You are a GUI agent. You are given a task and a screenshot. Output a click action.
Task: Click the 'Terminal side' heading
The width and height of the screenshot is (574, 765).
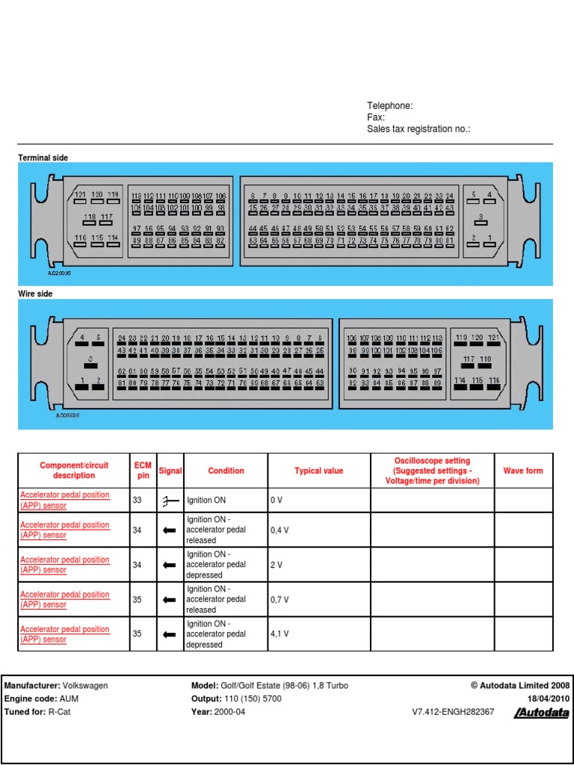(x=43, y=158)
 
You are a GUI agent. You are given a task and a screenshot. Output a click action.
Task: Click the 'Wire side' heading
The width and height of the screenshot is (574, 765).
(x=35, y=294)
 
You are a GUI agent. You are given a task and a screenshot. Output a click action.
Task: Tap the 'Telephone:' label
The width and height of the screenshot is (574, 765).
(x=389, y=106)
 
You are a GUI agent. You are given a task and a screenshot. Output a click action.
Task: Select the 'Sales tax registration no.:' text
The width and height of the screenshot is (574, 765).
(x=419, y=129)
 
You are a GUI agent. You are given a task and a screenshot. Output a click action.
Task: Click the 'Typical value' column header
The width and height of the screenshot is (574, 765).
(x=319, y=471)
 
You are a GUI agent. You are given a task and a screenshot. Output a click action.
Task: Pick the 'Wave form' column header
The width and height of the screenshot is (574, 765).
(x=523, y=471)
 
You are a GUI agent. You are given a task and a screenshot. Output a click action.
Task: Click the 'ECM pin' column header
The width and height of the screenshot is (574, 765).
(x=143, y=471)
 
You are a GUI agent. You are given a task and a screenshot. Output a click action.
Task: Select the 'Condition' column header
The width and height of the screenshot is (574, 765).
(x=226, y=471)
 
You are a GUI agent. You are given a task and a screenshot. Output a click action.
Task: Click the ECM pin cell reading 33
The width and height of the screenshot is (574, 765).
(x=138, y=500)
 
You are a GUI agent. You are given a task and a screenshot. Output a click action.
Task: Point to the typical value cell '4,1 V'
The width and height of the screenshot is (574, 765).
(x=279, y=634)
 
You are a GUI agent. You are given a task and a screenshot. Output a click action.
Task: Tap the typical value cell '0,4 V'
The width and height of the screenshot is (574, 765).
(x=279, y=530)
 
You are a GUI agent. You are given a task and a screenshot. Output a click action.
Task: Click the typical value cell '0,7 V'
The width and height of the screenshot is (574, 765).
(x=279, y=599)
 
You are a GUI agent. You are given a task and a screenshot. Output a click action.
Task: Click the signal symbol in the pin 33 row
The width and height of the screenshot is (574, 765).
(x=170, y=501)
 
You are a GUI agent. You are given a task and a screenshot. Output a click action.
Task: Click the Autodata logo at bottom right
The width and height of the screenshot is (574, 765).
(x=541, y=713)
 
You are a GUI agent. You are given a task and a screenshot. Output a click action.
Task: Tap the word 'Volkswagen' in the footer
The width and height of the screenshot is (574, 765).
(x=84, y=685)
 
